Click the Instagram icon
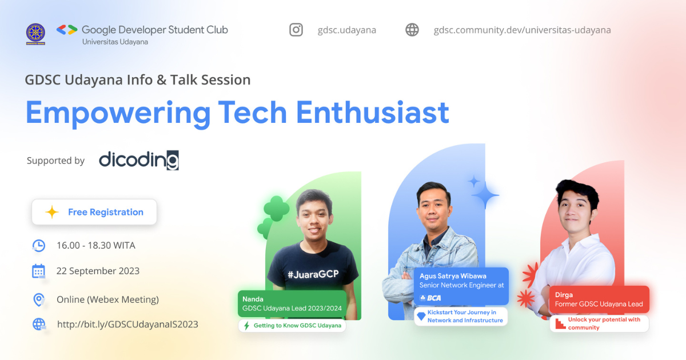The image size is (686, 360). [296, 30]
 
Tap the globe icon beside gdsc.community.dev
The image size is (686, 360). [412, 30]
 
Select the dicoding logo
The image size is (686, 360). [138, 160]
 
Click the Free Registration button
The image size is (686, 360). [94, 212]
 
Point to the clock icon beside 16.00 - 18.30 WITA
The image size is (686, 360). [38, 246]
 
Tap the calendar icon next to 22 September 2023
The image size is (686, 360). [38, 271]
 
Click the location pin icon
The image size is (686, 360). [38, 299]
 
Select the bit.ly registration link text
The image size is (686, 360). [127, 325]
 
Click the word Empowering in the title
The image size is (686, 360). [118, 113]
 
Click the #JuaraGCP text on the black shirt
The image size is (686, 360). [313, 274]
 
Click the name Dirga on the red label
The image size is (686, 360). [564, 295]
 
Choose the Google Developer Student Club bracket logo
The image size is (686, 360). [67, 30]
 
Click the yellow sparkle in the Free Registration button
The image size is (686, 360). [52, 213]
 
